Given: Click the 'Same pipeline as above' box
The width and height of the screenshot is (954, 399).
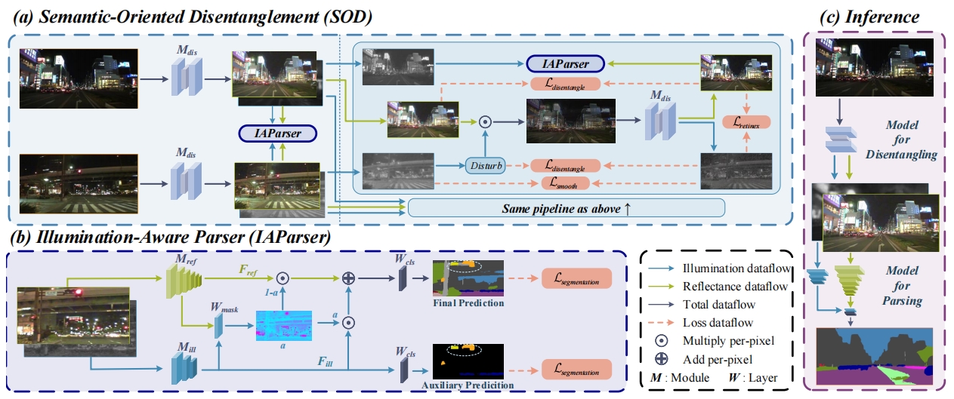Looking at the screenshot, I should [566, 207].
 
